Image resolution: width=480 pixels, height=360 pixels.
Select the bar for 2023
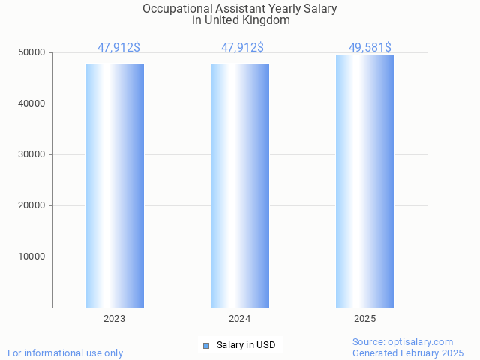click(115, 185)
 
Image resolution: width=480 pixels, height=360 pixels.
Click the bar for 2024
click(240, 185)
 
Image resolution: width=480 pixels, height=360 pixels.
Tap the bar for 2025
click(364, 181)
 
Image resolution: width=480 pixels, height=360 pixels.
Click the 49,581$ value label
click(370, 48)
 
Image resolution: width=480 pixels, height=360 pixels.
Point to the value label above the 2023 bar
click(118, 48)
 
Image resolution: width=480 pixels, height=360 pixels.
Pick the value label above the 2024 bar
click(242, 48)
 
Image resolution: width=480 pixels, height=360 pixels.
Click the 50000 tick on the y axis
click(32, 53)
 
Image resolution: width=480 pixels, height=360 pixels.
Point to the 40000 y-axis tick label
click(32, 104)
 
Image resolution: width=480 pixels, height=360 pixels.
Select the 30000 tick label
click(32, 155)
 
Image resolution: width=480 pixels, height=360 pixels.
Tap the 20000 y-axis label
click(32, 206)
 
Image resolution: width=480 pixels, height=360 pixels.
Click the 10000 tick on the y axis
click(32, 257)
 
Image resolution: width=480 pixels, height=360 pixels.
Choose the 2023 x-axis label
click(115, 319)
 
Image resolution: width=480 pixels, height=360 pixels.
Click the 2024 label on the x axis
click(240, 319)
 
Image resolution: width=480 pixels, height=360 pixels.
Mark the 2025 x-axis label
click(365, 319)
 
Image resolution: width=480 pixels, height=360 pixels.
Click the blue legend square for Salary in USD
click(206, 345)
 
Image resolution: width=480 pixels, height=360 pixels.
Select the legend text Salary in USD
click(246, 345)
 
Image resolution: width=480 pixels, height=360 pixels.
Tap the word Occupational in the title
click(173, 9)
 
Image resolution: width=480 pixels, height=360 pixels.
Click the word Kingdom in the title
click(268, 20)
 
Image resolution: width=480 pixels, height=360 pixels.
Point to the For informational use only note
click(65, 352)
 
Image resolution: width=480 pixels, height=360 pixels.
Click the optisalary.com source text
click(420, 341)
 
